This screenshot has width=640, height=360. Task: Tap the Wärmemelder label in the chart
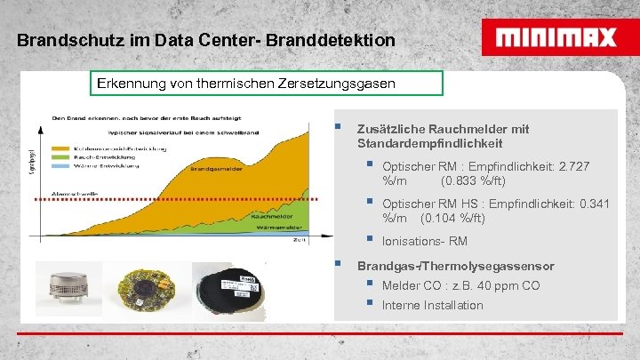276,228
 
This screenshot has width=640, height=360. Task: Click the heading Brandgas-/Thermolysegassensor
455,267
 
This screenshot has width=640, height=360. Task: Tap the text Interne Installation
432,306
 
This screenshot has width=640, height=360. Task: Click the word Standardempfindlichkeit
429,143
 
